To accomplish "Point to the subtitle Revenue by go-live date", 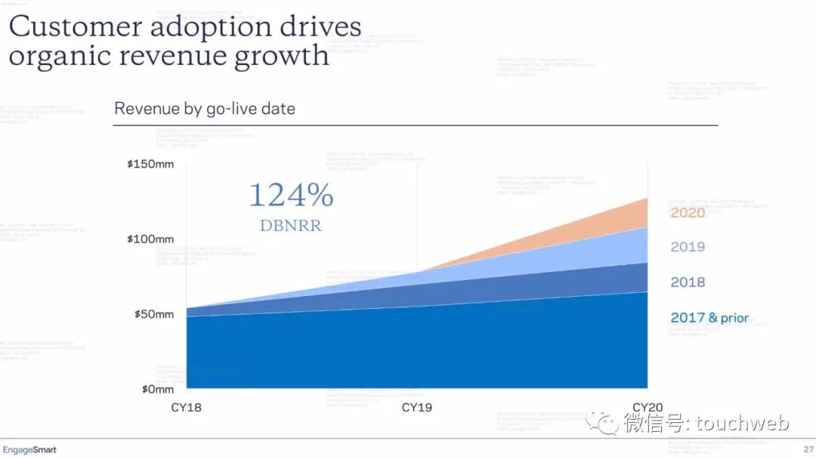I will pos(205,109).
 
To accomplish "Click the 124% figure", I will pos(291,196).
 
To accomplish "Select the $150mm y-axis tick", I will pos(150,164).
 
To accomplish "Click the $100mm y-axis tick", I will pos(150,239).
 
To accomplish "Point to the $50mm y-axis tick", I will pos(153,314).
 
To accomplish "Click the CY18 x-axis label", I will pos(186,408).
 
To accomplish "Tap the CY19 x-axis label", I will pos(417,408).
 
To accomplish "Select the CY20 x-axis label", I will pos(648,408).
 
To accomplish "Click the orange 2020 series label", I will pos(688,213).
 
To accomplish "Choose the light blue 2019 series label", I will pos(688,247).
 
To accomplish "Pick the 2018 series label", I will pos(688,282).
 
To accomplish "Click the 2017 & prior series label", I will pos(709,318).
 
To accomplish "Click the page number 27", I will pos(808,450).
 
